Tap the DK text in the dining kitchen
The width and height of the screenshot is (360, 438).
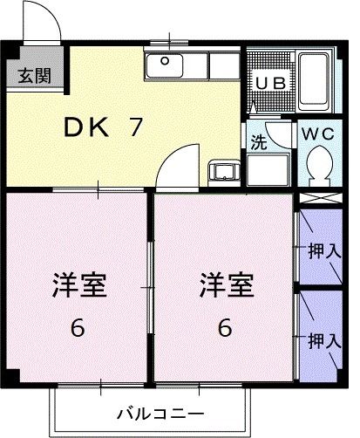(85, 127)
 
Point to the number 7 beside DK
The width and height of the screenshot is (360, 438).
(135, 127)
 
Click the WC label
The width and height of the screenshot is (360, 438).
(318, 134)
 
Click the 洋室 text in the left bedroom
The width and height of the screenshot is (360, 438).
(78, 284)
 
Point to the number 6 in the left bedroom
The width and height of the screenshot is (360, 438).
(78, 329)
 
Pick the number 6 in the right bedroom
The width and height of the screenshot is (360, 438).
(225, 329)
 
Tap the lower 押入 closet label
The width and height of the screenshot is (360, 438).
(323, 340)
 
